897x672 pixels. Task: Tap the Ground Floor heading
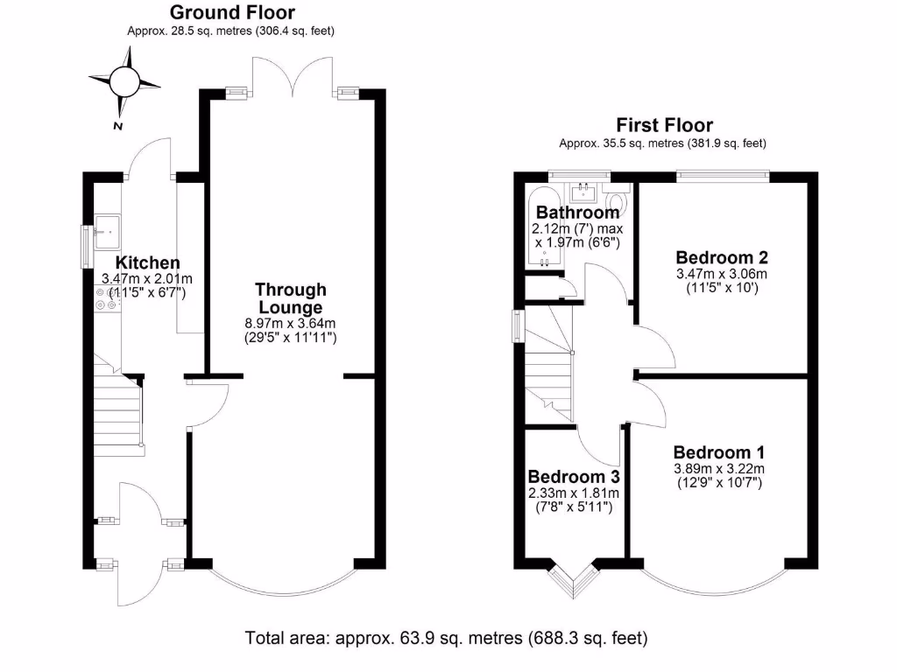231,12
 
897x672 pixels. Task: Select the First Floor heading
664,125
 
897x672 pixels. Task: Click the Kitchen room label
148,262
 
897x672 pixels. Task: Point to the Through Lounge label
291,298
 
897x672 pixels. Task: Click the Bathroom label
577,213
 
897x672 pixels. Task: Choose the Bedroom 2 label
722,257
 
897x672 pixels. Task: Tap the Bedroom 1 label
719,452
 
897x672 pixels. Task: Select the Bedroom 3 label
574,477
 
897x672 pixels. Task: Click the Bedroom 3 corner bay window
574,579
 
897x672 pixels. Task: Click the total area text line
447,637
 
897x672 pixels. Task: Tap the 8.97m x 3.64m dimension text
291,324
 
